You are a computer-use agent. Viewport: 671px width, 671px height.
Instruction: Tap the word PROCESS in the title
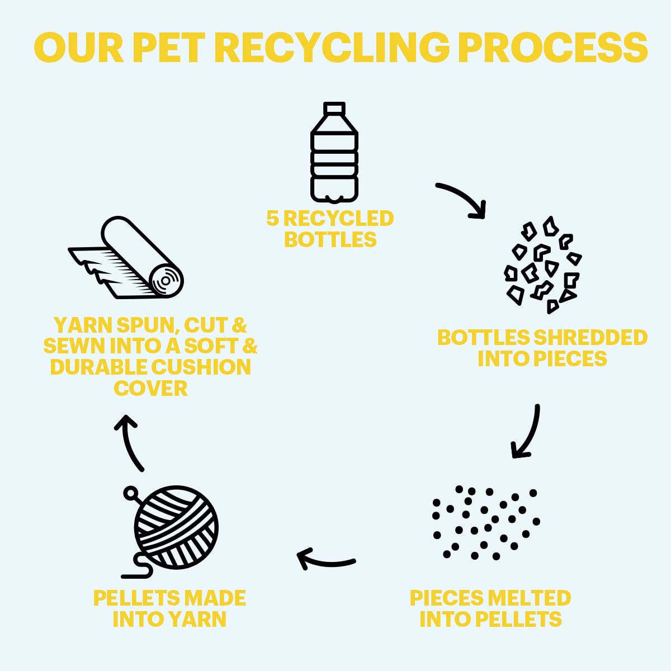[x=553, y=48]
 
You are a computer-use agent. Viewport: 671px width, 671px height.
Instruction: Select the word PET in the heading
[x=168, y=48]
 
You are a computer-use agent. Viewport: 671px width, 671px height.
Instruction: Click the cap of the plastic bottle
[x=334, y=108]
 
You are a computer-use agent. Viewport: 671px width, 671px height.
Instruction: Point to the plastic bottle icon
[x=334, y=153]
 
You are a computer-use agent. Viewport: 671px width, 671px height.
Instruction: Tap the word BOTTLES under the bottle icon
[x=330, y=239]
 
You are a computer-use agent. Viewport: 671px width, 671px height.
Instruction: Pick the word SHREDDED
[x=590, y=337]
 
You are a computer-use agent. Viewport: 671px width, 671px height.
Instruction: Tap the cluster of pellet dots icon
[x=486, y=522]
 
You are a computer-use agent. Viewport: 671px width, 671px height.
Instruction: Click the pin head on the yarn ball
[x=130, y=493]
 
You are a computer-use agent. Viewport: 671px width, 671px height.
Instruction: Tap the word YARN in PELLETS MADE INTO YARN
[x=196, y=619]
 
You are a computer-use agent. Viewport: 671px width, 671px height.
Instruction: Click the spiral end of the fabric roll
[x=166, y=281]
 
